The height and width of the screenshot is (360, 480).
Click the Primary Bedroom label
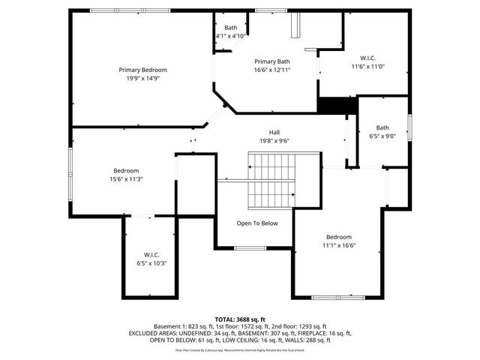pyautogui.click(x=142, y=70)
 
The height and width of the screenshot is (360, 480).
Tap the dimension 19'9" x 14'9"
pyautogui.click(x=142, y=77)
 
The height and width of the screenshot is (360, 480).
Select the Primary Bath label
pyautogui.click(x=272, y=61)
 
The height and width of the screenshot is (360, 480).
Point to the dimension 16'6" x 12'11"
pyautogui.click(x=272, y=69)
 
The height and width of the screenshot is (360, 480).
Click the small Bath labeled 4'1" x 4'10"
pyautogui.click(x=230, y=28)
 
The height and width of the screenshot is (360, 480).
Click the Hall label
pyautogui.click(x=274, y=133)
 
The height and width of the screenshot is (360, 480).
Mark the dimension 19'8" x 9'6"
pyautogui.click(x=274, y=140)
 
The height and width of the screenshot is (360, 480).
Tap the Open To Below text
pyautogui.click(x=257, y=223)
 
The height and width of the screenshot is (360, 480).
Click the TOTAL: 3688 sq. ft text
pyautogui.click(x=240, y=319)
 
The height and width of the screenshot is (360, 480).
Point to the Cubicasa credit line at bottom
pyautogui.click(x=240, y=349)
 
